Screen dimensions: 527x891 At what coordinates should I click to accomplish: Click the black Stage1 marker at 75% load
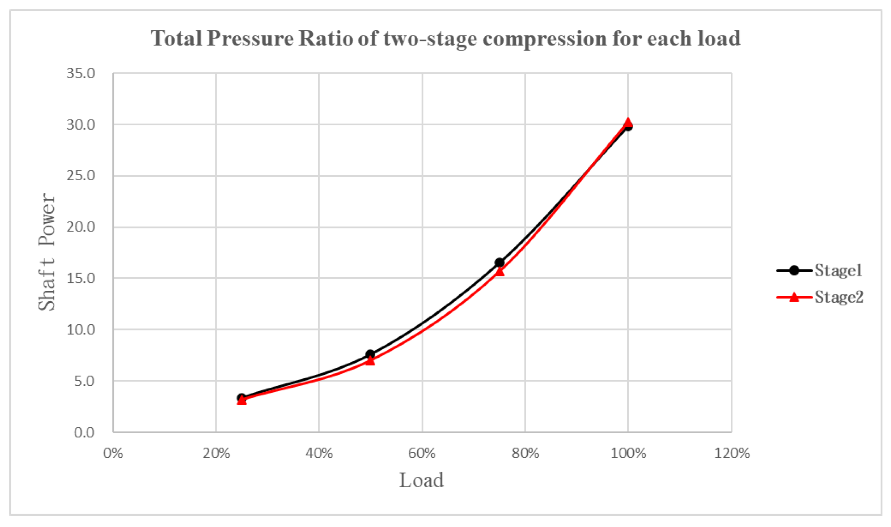click(499, 263)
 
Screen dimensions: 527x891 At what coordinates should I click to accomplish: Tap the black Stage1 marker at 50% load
click(370, 354)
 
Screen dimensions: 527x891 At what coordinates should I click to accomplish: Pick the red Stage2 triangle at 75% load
click(500, 272)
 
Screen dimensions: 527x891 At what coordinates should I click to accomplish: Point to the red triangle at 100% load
click(628, 122)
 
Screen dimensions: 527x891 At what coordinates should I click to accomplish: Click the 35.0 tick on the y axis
click(81, 73)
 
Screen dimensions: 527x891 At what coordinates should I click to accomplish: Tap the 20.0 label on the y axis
click(81, 227)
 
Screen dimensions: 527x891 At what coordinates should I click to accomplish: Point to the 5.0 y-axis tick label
click(84, 381)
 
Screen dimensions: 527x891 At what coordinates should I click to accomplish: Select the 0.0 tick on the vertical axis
click(84, 432)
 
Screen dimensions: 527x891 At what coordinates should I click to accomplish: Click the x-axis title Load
click(421, 480)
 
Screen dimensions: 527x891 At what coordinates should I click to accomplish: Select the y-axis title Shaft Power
click(47, 252)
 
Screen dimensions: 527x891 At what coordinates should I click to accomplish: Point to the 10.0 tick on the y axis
click(81, 330)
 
